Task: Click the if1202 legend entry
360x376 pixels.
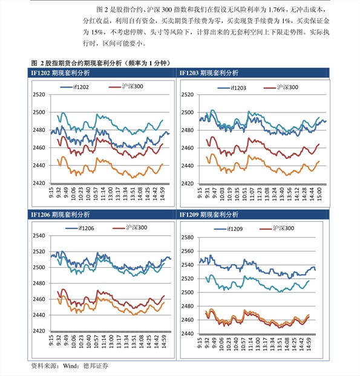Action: tap(74, 87)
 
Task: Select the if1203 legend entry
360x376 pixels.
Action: tap(232, 88)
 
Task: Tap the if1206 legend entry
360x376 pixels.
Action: tap(80, 229)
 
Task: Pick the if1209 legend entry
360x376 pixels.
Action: tap(229, 229)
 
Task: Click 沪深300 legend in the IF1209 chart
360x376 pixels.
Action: tap(277, 229)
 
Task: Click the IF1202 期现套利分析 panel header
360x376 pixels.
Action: tap(61, 73)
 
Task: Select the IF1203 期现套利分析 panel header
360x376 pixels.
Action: tap(209, 73)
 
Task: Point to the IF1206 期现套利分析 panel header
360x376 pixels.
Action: tap(61, 215)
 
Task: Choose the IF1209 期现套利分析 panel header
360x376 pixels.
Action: tap(209, 215)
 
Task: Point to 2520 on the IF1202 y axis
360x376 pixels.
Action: tap(39, 94)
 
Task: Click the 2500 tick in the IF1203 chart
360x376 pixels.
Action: tap(188, 112)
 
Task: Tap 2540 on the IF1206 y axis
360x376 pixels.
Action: tap(39, 236)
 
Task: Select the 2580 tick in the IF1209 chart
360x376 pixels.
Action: tap(188, 238)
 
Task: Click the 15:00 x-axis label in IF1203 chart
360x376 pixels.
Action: tap(319, 194)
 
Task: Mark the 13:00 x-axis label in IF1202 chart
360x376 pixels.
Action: tap(110, 194)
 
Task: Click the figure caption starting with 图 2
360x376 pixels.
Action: tap(100, 63)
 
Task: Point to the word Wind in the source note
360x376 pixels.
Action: tap(71, 366)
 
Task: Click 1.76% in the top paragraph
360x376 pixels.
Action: tap(277, 10)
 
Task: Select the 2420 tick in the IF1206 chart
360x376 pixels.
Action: tap(39, 331)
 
